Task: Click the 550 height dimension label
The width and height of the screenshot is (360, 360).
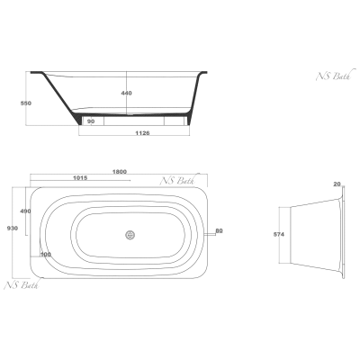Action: tap(26, 103)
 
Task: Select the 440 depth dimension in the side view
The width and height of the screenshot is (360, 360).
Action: tap(126, 93)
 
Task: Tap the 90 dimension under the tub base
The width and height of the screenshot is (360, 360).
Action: tap(91, 121)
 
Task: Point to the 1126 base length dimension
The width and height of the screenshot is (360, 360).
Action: tap(142, 133)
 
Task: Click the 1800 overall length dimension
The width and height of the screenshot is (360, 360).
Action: tap(120, 172)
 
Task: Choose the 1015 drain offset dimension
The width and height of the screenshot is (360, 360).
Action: tap(80, 178)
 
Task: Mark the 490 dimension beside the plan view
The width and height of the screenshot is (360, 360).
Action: tap(25, 211)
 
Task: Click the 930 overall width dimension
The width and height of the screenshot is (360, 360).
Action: tap(13, 229)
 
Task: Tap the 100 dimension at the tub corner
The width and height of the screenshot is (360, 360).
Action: tap(46, 255)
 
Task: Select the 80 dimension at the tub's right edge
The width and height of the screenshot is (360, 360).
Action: tap(220, 230)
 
